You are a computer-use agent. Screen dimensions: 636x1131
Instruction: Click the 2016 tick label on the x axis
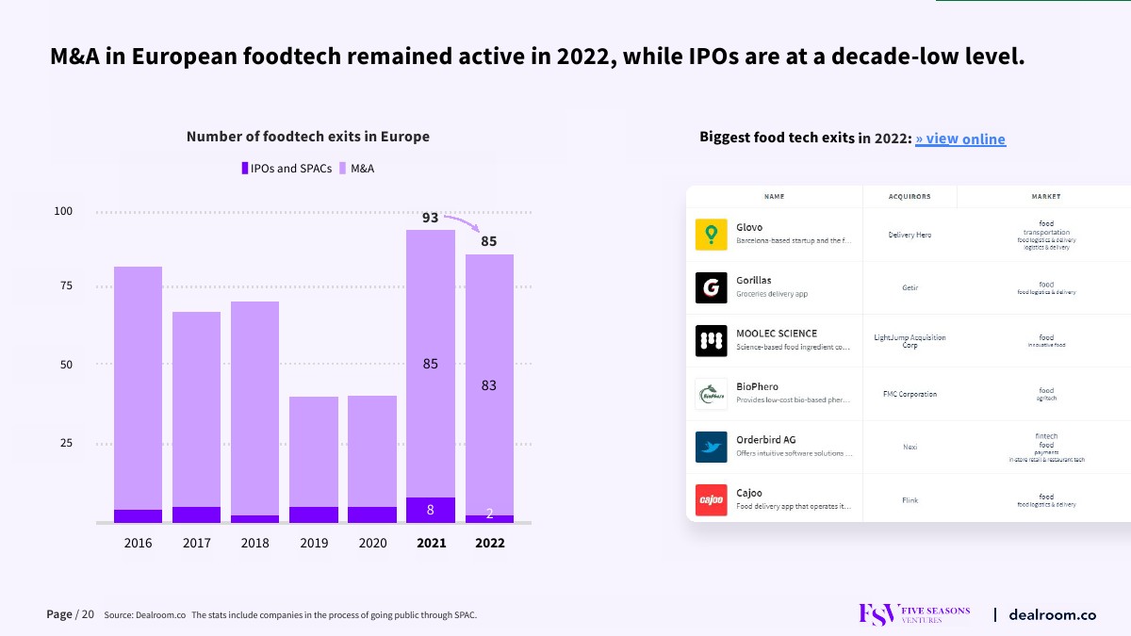[138, 543]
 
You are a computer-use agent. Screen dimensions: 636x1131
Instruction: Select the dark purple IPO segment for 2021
[431, 510]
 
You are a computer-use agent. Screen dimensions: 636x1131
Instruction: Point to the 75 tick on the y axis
[66, 285]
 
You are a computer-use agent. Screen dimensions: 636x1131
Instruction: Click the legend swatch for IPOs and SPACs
[245, 169]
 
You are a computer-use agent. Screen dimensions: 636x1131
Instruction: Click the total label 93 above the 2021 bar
[430, 218]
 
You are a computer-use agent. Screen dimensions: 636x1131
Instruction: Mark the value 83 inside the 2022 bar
[489, 385]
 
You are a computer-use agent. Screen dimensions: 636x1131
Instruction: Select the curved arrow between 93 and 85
[463, 222]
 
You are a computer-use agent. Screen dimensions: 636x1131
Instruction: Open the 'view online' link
[960, 139]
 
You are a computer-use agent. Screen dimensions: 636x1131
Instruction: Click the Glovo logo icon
[711, 235]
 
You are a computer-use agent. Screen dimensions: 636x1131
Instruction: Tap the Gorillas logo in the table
[711, 287]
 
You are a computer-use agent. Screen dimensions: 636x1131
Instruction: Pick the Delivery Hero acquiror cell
[910, 235]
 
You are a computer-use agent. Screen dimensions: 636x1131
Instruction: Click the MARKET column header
[1046, 197]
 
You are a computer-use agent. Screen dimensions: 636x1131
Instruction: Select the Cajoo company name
[749, 493]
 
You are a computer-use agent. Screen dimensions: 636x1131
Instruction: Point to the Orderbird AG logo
[711, 447]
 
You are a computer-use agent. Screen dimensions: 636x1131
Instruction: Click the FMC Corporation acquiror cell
[910, 394]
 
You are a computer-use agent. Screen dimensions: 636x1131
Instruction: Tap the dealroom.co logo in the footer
[1052, 615]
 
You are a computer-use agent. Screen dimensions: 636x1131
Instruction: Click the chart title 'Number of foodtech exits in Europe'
[308, 137]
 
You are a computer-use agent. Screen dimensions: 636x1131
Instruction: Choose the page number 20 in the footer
[88, 615]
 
